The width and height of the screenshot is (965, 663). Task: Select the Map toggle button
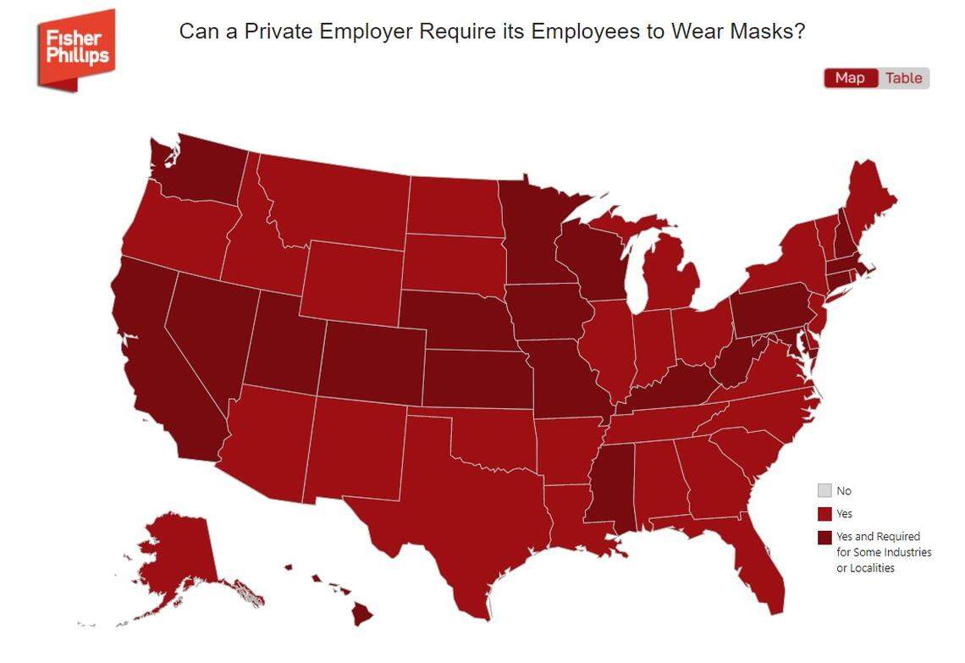[850, 78]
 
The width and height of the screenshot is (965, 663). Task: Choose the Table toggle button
[903, 78]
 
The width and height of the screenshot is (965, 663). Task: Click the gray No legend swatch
[824, 490]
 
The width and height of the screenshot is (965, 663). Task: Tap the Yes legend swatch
[824, 514]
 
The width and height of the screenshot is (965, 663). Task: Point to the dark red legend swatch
[824, 537]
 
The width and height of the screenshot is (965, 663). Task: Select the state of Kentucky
[669, 385]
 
